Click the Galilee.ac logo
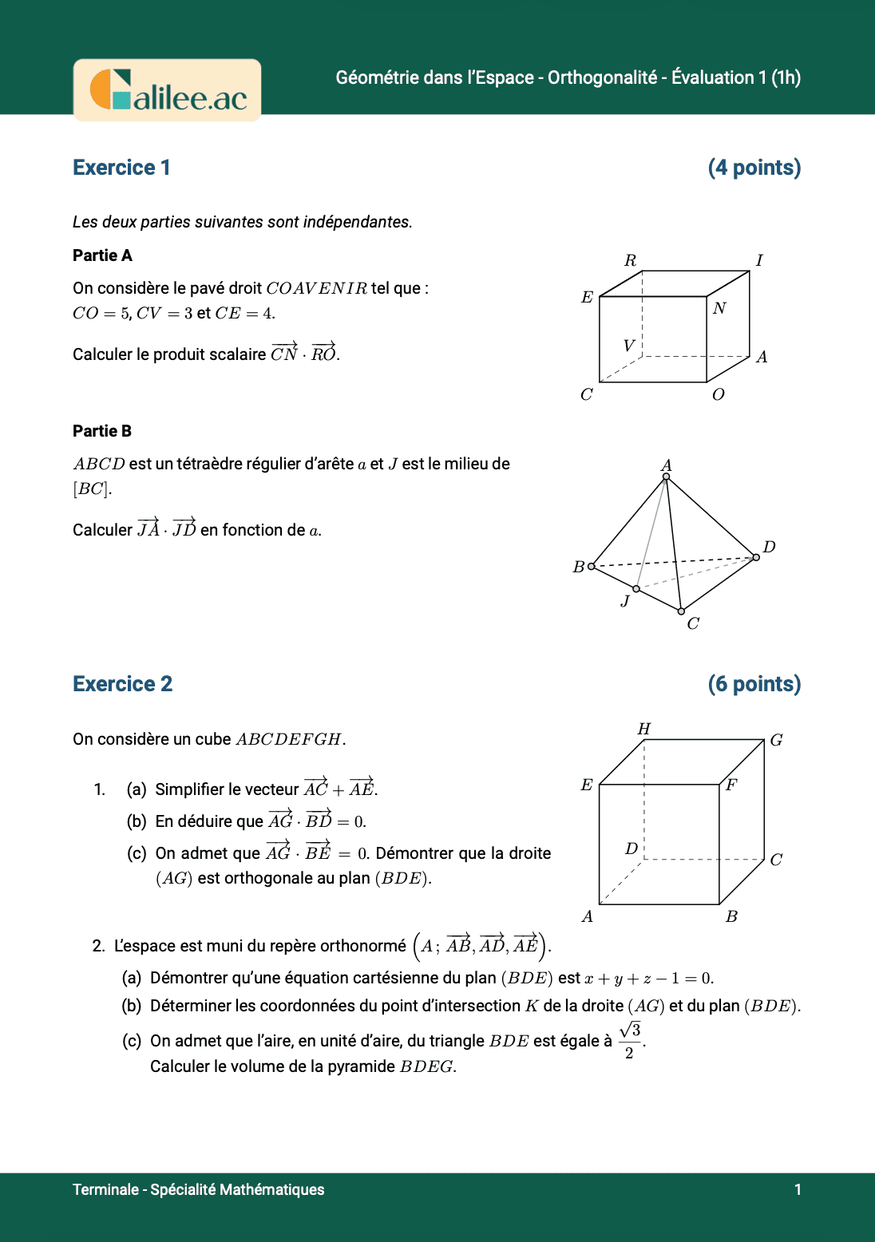pyautogui.click(x=168, y=90)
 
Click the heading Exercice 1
pyautogui.click(x=121, y=168)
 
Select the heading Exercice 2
pyautogui.click(x=122, y=684)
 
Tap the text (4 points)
pyautogui.click(x=754, y=168)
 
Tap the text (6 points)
pyautogui.click(x=754, y=684)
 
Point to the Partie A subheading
pyautogui.click(x=102, y=255)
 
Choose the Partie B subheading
pyautogui.click(x=102, y=431)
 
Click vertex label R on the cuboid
pyautogui.click(x=630, y=260)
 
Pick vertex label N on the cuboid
pyautogui.click(x=719, y=308)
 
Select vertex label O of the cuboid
pyautogui.click(x=718, y=394)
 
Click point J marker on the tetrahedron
pyautogui.click(x=636, y=589)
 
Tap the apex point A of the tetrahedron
pyautogui.click(x=667, y=477)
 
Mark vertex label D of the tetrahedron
pyautogui.click(x=769, y=547)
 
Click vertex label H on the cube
pyautogui.click(x=643, y=729)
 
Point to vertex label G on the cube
pyautogui.click(x=776, y=740)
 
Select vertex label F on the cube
pyautogui.click(x=731, y=785)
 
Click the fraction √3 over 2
pyautogui.click(x=630, y=1041)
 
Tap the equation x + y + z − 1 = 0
pyautogui.click(x=648, y=979)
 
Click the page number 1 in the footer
pyautogui.click(x=798, y=1189)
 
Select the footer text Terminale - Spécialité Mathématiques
pyautogui.click(x=198, y=1189)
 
